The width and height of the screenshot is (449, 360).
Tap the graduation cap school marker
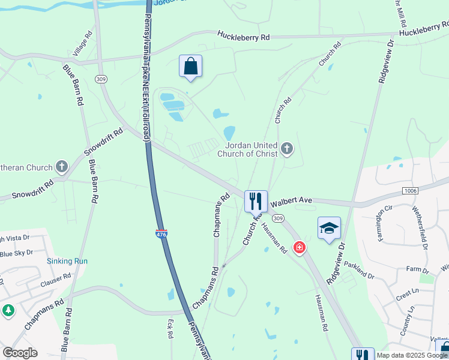[329, 228]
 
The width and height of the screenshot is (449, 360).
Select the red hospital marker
[299, 247]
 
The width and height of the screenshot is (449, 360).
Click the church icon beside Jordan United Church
[287, 149]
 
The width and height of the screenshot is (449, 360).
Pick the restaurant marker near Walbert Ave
[256, 201]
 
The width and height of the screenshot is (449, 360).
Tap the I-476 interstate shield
[161, 236]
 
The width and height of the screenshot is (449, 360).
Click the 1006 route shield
[410, 190]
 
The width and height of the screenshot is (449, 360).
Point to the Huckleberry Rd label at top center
[244, 37]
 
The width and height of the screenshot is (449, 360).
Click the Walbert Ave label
[292, 202]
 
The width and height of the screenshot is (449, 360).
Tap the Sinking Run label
[67, 261]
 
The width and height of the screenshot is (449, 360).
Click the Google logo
[20, 353]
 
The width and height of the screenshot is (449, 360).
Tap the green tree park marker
[8, 310]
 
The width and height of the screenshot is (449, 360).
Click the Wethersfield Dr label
[418, 227]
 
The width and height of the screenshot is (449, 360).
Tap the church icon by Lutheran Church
[62, 166]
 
